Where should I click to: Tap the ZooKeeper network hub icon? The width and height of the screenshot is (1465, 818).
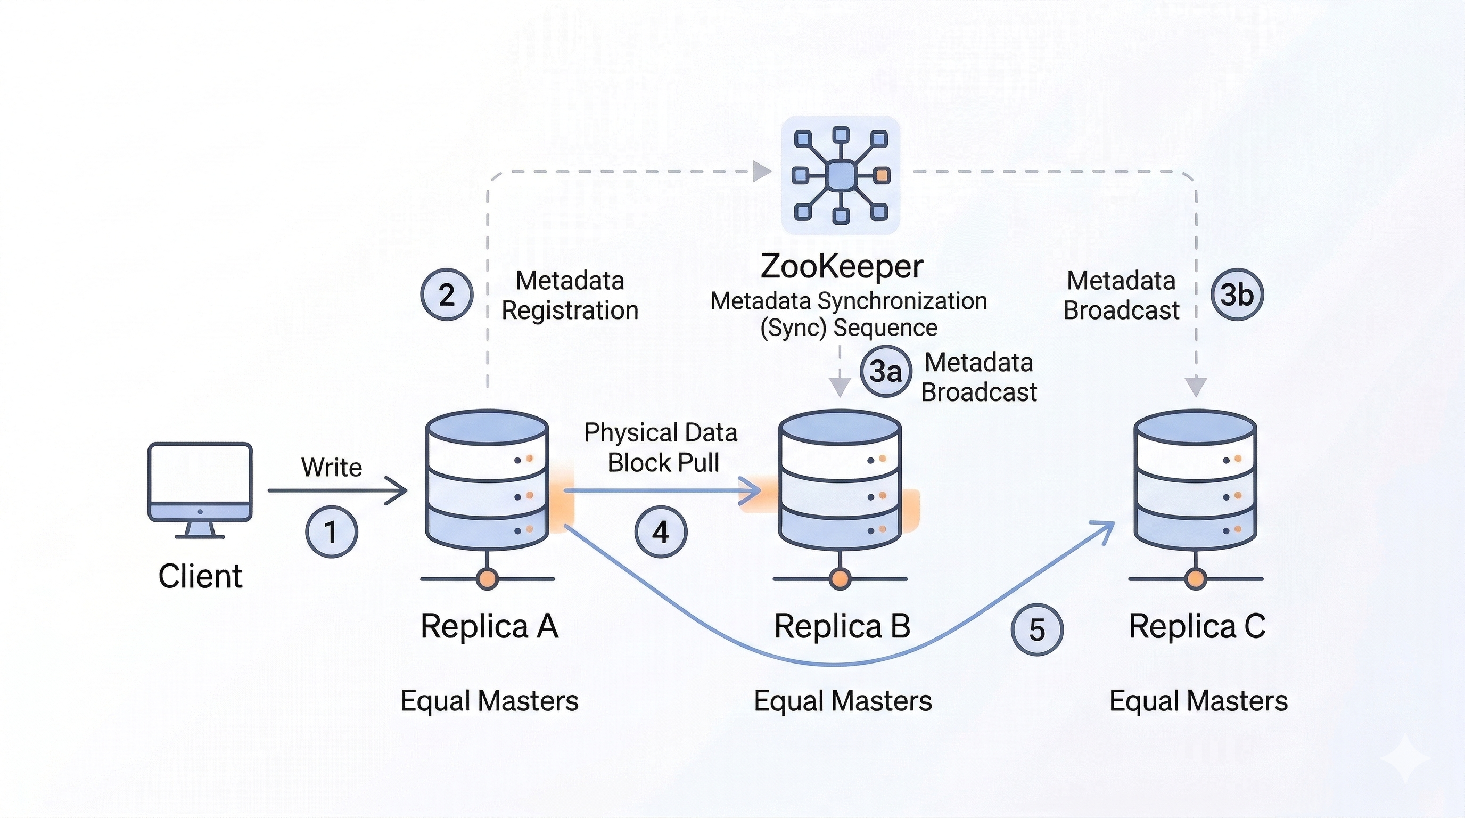click(841, 175)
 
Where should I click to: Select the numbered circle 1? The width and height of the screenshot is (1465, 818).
click(332, 532)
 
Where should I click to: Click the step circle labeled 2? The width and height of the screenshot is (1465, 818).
click(447, 295)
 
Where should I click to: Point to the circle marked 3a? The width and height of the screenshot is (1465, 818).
click(886, 371)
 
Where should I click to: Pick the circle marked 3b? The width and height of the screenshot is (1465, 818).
click(1237, 295)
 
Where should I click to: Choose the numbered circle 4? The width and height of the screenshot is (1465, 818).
click(660, 532)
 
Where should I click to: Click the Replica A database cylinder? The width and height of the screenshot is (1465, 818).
click(487, 481)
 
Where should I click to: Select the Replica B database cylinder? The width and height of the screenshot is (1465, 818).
click(840, 481)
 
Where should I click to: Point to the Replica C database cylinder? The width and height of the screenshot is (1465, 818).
click(1196, 481)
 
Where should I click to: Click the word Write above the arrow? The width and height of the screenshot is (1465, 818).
click(332, 468)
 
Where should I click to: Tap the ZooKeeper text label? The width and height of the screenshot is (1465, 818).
click(842, 266)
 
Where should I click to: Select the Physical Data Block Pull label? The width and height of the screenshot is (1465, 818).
click(661, 448)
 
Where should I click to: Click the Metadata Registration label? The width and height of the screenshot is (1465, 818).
click(570, 296)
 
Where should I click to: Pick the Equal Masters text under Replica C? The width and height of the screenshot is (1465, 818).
click(1198, 701)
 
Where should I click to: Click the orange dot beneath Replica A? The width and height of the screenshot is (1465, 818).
click(488, 578)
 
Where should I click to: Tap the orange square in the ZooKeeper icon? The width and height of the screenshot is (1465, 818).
click(882, 175)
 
